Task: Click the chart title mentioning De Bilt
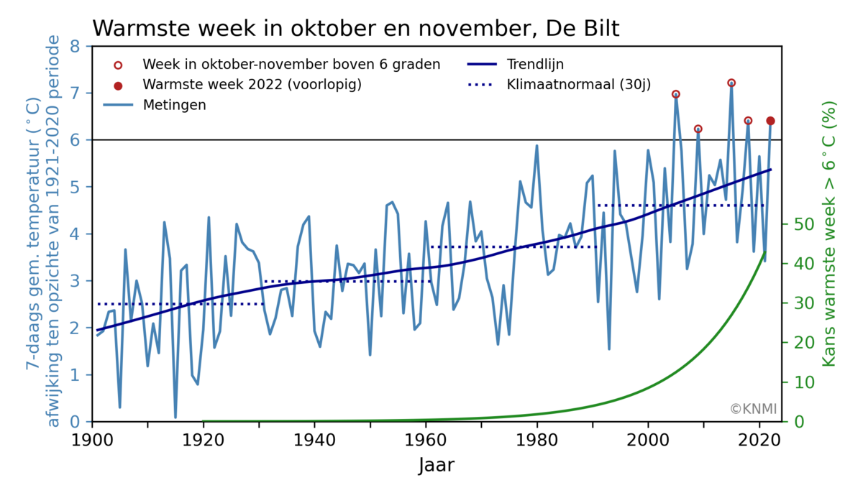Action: click(355, 28)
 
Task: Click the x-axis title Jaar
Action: click(437, 465)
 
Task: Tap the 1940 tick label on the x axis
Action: click(314, 439)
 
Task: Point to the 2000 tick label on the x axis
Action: click(648, 439)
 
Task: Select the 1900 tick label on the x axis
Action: click(92, 439)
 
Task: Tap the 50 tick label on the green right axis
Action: click(799, 224)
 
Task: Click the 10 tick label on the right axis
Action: click(799, 382)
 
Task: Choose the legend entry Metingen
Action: click(174, 105)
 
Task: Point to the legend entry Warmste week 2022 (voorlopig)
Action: click(251, 85)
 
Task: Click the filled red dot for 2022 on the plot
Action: click(770, 121)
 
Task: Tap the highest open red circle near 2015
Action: click(731, 83)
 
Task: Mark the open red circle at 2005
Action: click(676, 94)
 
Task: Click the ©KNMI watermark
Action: click(753, 409)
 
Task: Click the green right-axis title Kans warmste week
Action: click(830, 234)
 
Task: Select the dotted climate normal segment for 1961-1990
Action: click(513, 247)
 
